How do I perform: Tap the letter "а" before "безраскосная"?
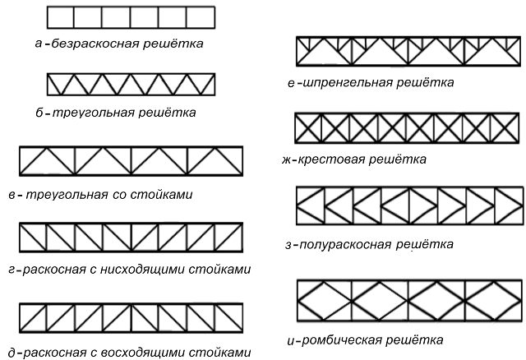(39, 44)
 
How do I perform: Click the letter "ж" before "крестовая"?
(287, 160)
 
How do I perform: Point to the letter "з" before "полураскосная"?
(288, 245)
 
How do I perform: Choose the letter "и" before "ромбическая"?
(291, 342)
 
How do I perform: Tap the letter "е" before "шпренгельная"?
(291, 83)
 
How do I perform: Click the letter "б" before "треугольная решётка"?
(39, 113)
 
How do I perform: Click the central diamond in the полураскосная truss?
(409, 205)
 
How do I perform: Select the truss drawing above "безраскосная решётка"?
(131, 17)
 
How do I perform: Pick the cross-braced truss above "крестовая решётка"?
(407, 128)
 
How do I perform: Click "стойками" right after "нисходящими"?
(219, 270)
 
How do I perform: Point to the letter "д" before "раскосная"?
(12, 353)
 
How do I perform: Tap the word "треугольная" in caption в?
(67, 195)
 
